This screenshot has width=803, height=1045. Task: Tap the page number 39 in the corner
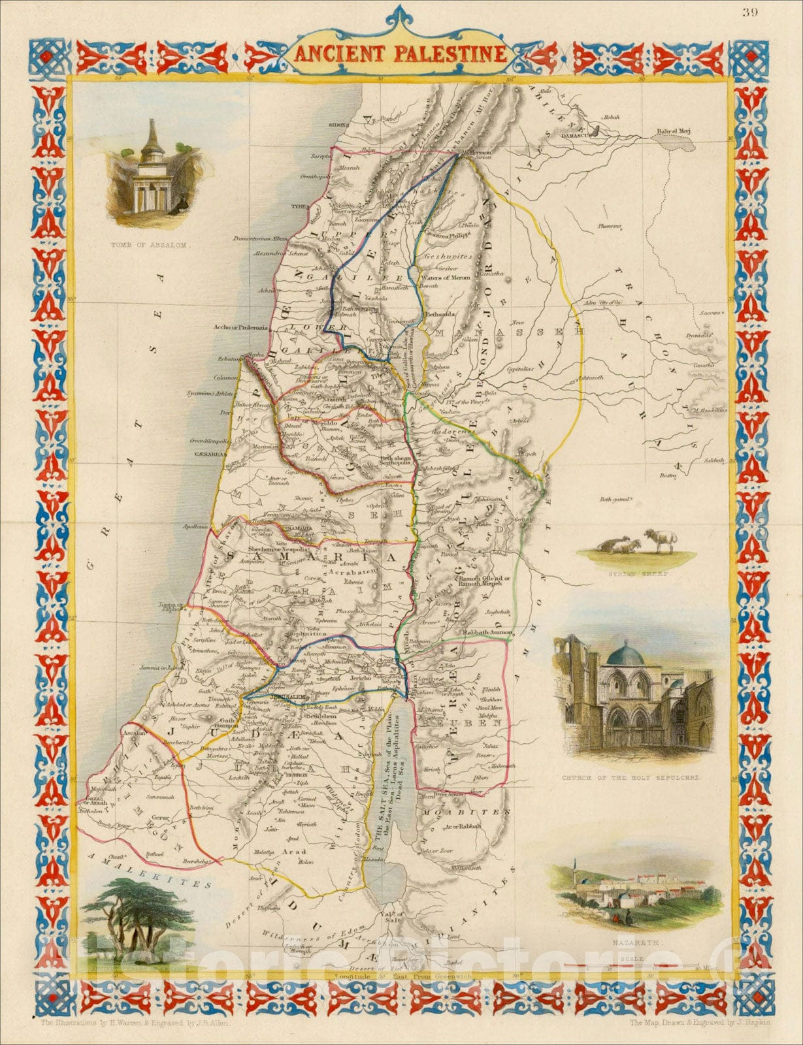tap(750, 14)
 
